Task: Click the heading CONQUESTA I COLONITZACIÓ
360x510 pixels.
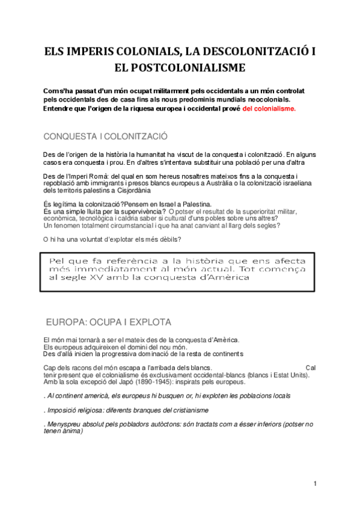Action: coord(106,136)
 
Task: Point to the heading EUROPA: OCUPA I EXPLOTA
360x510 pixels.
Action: coord(108,322)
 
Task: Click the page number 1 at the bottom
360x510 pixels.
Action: coord(314,484)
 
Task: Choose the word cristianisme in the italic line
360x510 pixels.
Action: coord(186,410)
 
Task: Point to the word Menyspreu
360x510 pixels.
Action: coord(66,424)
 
